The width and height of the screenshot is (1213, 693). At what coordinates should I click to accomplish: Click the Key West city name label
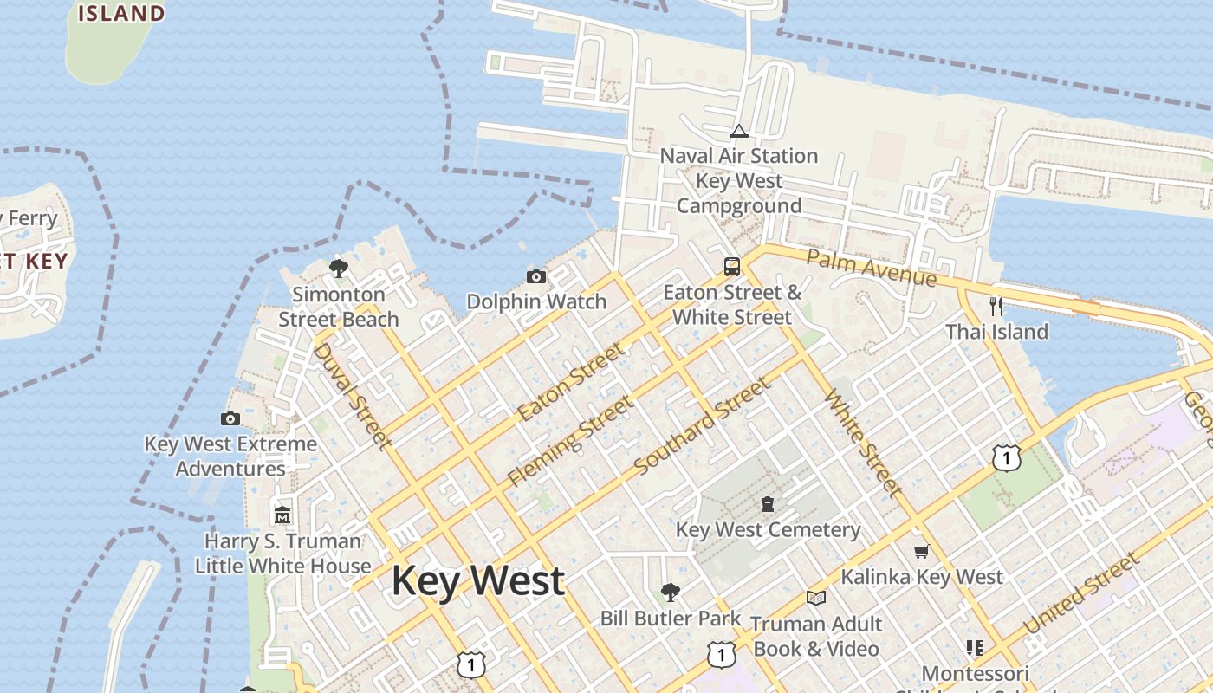coord(478,580)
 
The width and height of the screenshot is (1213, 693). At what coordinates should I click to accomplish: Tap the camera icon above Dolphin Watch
coord(536,277)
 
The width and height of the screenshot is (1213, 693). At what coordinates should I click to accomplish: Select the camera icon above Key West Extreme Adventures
coord(230,419)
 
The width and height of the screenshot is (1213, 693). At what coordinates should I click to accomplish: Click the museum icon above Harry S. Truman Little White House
coord(282,515)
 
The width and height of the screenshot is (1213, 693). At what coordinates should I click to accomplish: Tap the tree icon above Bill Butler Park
coord(670,593)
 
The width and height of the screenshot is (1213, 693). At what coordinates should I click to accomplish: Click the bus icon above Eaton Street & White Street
coord(732,266)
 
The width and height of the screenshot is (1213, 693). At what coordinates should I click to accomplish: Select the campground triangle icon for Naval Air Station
coord(738,132)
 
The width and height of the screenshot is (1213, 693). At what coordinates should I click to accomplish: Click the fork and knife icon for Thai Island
coord(996,306)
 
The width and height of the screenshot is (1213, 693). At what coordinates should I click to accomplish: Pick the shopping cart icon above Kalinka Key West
coord(922,552)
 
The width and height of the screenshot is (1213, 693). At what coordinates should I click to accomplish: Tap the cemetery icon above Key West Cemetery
coord(767,503)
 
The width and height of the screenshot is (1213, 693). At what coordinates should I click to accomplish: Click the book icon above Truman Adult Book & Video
coord(815,598)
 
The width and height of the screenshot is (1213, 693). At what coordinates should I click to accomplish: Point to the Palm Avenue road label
coord(871,268)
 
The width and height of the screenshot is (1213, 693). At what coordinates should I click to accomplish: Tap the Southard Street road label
coord(702,425)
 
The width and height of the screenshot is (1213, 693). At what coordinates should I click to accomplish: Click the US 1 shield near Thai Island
coord(1006,457)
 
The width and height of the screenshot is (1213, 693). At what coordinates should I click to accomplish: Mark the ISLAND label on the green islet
coord(121,13)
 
